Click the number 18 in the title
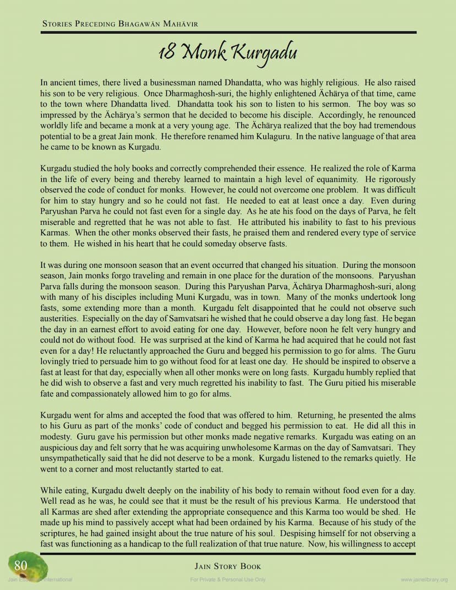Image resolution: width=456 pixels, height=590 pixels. [167, 53]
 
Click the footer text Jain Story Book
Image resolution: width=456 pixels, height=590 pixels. [228, 566]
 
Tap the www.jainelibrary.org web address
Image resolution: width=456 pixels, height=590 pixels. [424, 580]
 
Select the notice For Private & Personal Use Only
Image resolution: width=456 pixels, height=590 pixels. [228, 580]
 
